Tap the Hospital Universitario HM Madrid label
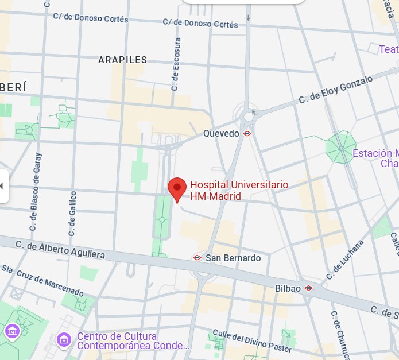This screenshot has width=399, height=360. [239, 191]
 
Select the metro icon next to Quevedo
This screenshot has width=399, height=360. [247, 133]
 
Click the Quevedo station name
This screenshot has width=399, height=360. [221, 133]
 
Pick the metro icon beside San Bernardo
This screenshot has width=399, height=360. [197, 258]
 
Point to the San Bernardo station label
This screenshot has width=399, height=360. [233, 258]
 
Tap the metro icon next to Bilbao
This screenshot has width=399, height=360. [308, 288]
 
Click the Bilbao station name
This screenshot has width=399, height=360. [288, 288]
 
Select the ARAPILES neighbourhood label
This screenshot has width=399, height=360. [122, 60]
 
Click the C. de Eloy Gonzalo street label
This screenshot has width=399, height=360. [335, 90]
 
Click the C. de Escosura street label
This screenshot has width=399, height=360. [176, 64]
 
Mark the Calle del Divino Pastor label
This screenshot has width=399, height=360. [252, 340]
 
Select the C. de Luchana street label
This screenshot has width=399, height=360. [345, 259]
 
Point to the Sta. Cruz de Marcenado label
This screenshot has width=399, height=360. [39, 277]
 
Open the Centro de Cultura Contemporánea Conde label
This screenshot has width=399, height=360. [133, 340]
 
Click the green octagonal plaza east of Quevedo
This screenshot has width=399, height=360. [341, 147]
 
